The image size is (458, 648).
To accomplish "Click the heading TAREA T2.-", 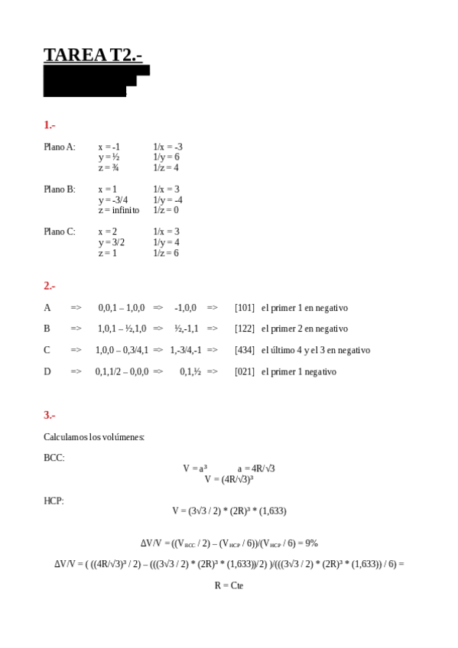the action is (x=93, y=55).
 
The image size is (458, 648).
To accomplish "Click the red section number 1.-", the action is (x=50, y=125).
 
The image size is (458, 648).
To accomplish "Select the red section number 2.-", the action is (x=50, y=286).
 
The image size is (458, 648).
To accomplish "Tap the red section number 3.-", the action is (x=50, y=415).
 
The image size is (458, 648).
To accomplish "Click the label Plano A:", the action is (x=60, y=147).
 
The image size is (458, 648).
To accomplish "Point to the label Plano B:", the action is (x=60, y=189).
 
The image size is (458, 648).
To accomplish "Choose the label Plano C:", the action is (x=60, y=232).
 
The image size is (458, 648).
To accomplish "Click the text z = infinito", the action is (x=119, y=210).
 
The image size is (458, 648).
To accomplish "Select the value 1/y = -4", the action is (x=167, y=199).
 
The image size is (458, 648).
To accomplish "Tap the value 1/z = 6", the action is (x=166, y=253).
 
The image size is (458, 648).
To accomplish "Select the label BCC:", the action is (x=54, y=458).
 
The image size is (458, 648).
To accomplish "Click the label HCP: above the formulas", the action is (x=54, y=501).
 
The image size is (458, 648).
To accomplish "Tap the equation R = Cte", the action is (x=229, y=585).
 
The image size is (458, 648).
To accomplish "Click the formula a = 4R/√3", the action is (x=256, y=468).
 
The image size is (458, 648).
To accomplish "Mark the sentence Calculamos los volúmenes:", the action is (x=94, y=437).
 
